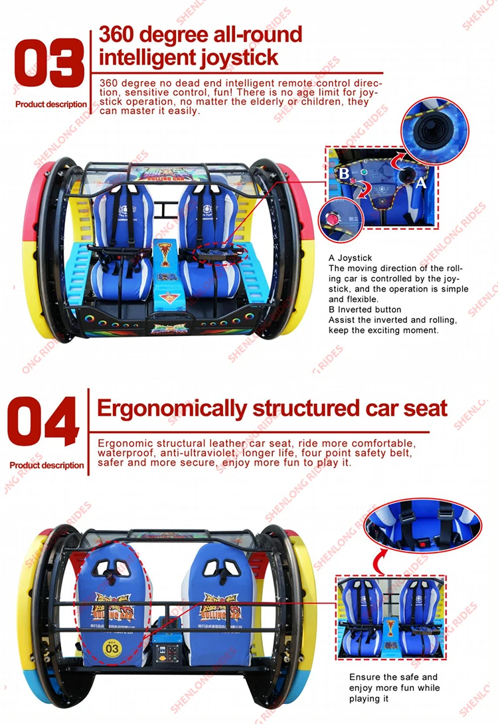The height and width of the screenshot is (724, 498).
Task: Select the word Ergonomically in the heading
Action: pos(172,408)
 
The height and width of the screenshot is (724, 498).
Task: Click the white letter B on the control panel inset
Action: pos(344,173)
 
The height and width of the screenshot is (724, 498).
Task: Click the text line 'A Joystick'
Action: pos(351,258)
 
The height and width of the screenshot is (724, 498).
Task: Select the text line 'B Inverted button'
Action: pos(365,310)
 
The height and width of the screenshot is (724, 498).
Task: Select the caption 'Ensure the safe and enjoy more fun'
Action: pos(394,688)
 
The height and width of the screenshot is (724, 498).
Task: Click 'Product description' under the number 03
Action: pos(50,104)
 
